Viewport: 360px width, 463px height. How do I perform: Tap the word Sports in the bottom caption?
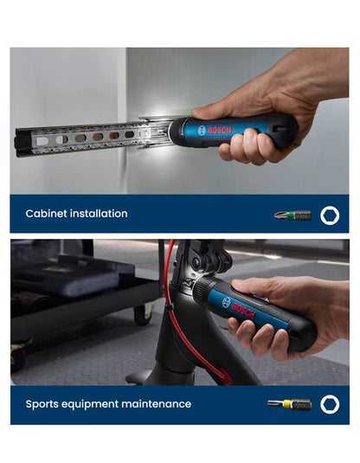tap(43, 403)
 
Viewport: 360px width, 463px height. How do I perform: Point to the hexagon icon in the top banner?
tap(330, 215)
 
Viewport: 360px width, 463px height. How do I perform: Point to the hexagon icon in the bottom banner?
tap(330, 403)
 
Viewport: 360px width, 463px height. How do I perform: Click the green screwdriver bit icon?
tap(292, 215)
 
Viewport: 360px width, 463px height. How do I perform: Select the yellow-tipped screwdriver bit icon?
tap(289, 403)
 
